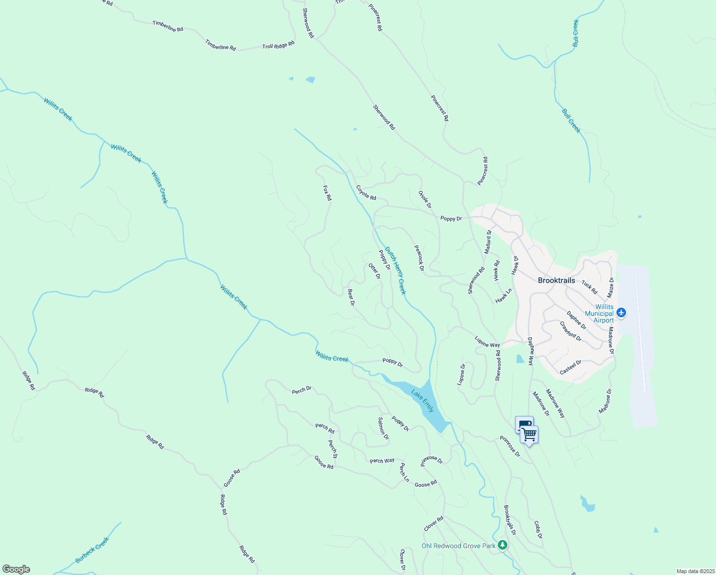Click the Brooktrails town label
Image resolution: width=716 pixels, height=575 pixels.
556,280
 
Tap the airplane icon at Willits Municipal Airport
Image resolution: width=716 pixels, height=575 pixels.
621,312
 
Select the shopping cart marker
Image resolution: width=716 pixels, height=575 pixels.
529,435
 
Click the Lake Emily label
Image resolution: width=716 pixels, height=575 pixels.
423,401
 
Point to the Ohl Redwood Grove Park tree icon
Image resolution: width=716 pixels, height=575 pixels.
502,545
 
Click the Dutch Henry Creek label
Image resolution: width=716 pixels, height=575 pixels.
395,271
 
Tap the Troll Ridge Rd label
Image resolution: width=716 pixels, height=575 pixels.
278,46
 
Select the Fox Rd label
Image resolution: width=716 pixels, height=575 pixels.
327,193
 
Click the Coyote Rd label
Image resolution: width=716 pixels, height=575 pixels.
366,193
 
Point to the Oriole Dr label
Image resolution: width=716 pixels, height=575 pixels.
425,199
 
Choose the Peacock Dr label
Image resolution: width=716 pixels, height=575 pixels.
419,258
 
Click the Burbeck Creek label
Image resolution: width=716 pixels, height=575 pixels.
92,550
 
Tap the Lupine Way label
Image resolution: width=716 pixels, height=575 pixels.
487,342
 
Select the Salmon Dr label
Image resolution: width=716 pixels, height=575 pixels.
383,428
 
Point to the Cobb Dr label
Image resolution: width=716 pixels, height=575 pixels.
538,529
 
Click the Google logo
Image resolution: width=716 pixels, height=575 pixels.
16,569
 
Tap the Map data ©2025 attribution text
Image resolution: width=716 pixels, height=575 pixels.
695,571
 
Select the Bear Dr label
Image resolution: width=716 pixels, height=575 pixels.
351,297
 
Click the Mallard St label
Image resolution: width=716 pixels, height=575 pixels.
488,242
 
